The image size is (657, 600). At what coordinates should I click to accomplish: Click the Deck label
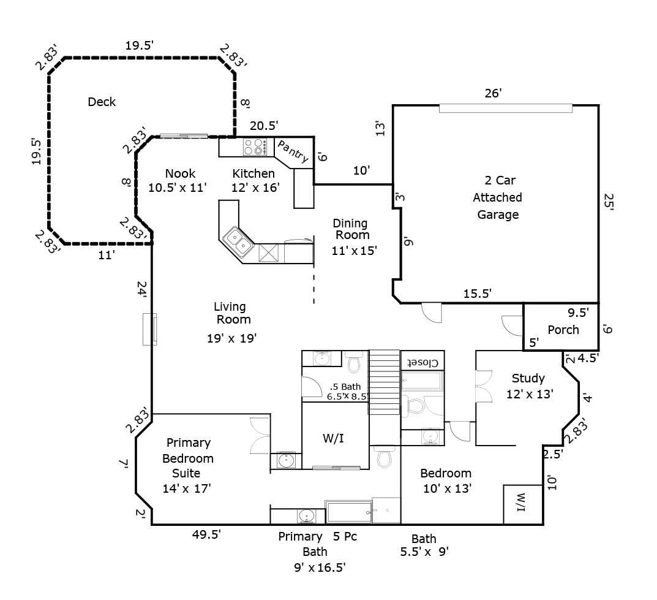coord(102,102)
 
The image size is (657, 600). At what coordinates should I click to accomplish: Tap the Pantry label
coord(292,151)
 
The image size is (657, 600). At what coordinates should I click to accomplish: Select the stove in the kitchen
coord(256,146)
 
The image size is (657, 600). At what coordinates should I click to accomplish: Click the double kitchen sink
coord(238,240)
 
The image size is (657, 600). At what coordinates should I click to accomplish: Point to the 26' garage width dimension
coord(494,93)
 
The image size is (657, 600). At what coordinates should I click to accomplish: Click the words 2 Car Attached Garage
coord(497,197)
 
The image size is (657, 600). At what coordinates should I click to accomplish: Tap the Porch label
coord(563,330)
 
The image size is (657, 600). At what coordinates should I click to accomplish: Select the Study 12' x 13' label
coord(530,386)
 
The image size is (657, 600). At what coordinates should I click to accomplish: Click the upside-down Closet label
coord(422,362)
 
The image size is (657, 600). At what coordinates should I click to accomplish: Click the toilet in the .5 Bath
coord(353,363)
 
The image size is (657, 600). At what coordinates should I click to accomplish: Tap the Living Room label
coord(232,313)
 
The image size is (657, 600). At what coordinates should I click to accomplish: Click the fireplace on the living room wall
coord(150,328)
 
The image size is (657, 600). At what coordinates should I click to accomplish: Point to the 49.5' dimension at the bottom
coord(206,534)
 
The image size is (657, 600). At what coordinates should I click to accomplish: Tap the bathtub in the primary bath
coord(349,511)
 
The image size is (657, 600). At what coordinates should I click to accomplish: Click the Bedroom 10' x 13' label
coord(446,480)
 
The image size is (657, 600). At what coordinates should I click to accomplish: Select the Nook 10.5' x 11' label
coord(178,181)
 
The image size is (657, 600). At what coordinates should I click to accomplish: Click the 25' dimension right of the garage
coord(609,203)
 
